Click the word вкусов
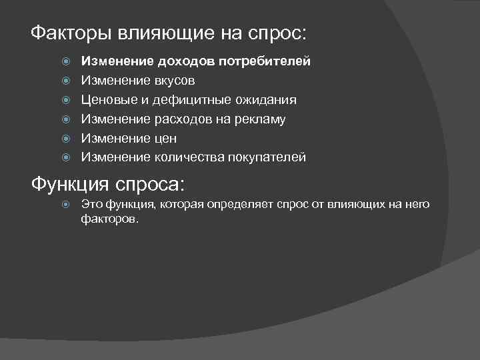click(x=175, y=81)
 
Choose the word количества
click(x=189, y=157)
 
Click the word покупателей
click(x=267, y=157)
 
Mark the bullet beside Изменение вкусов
click(x=66, y=81)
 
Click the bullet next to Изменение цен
click(x=66, y=139)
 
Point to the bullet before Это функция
click(x=66, y=205)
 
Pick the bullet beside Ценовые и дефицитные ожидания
click(x=66, y=100)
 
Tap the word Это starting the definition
click(x=90, y=205)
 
